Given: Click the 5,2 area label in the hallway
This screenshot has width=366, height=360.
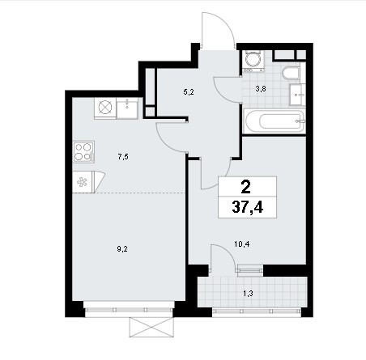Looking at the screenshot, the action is point(189,92).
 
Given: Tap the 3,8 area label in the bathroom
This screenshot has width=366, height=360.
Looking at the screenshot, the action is point(261,88).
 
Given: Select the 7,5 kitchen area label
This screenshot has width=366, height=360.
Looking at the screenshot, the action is point(123,157).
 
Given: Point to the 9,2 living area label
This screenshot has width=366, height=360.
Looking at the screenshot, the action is point(122,249).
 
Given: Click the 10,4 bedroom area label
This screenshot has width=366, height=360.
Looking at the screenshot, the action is point(242,244).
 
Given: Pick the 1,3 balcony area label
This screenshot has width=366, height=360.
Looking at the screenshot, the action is point(248,293).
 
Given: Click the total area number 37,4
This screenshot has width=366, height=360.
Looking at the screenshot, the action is point(248,207).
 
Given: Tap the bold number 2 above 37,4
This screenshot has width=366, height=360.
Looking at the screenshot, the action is point(246,187).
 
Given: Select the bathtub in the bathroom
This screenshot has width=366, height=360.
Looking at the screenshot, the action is point(274,121).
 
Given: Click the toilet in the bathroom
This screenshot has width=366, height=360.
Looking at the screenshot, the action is point(291,73).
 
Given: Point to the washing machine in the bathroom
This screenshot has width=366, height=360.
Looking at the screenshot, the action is point(253,61).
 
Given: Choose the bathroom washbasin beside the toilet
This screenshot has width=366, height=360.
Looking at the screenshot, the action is point(297,95).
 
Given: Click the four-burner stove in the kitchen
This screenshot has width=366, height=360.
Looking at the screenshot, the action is point(83,152).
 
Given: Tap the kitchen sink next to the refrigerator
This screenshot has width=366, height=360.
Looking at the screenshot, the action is point(127,108).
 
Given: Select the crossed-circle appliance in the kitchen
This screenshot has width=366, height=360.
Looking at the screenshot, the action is point(105,108).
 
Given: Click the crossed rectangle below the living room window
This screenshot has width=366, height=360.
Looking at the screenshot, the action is point(151,327).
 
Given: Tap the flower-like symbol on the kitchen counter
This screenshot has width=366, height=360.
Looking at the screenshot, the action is point(82,182).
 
